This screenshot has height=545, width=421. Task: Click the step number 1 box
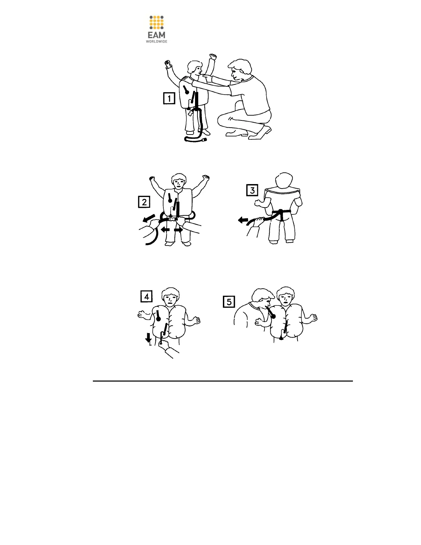pos(169,98)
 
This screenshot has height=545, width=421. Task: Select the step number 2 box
pos(144,202)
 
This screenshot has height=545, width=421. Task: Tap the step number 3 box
pos(252,190)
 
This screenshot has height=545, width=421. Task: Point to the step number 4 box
pos(147,297)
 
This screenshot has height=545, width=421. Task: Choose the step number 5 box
pos(229,302)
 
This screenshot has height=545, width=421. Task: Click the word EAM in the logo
pos(156,35)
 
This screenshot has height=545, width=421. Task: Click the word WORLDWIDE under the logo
pos(156,42)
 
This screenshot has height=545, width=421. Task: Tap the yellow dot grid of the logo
pos(156,22)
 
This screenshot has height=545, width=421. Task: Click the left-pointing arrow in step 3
pos(243,220)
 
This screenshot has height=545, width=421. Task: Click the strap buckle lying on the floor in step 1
pos(204,140)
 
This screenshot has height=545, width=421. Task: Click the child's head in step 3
pos(284,182)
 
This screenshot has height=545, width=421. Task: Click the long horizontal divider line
pos(223,381)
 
